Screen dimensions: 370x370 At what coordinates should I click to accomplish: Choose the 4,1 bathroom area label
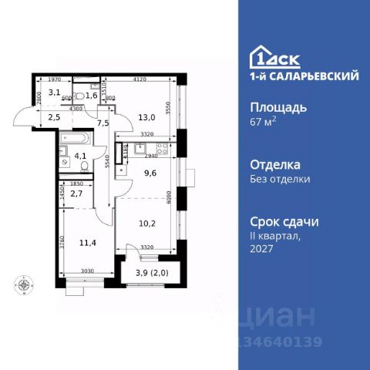tap(80, 161)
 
